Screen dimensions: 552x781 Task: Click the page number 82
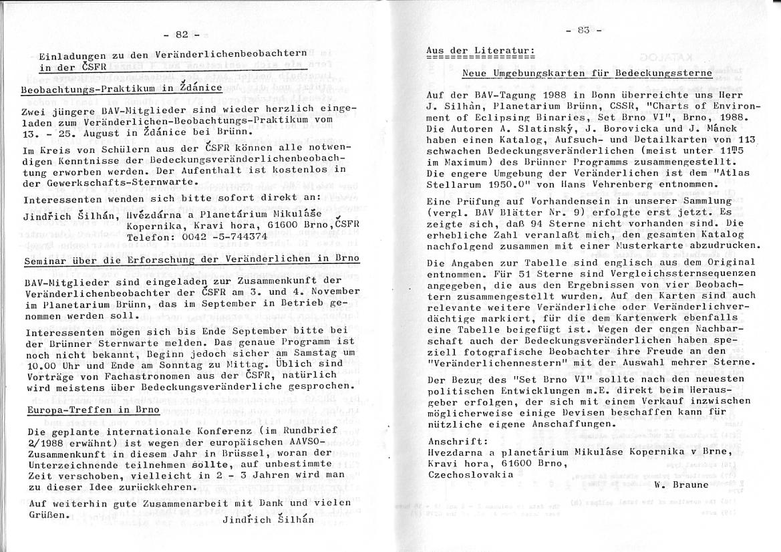point(182,35)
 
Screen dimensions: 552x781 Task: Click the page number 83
point(583,30)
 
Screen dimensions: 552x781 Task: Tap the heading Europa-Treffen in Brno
point(93,409)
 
